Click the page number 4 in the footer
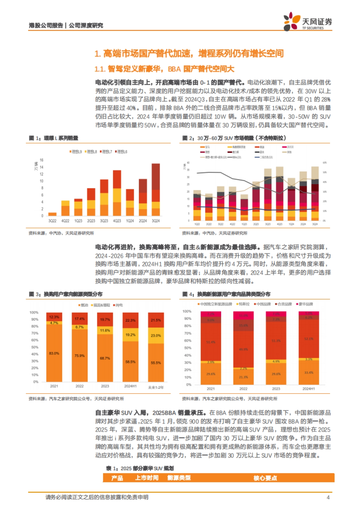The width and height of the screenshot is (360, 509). point(328,497)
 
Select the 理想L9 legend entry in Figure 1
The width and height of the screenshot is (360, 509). point(76,152)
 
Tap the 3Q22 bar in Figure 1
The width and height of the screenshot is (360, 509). point(52,214)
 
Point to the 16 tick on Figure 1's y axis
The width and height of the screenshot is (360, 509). point(41,160)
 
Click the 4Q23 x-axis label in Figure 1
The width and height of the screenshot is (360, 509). point(117,221)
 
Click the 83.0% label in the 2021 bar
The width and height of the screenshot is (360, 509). point(54,353)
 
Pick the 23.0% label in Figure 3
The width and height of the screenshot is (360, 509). point(156,336)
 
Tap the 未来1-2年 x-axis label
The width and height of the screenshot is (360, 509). point(156,388)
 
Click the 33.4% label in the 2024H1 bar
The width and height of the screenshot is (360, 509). point(308,373)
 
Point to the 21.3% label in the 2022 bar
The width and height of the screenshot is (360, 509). point(243,377)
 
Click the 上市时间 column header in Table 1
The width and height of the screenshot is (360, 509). point(147,478)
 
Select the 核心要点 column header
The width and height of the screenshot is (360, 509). point(265,478)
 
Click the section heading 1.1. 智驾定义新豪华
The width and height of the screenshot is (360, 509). point(164,69)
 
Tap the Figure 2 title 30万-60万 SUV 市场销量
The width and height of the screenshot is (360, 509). point(234,138)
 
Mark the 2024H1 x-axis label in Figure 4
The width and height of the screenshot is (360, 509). point(308,389)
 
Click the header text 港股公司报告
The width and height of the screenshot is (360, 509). point(46,25)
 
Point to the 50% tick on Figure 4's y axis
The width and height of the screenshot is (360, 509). point(187,348)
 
